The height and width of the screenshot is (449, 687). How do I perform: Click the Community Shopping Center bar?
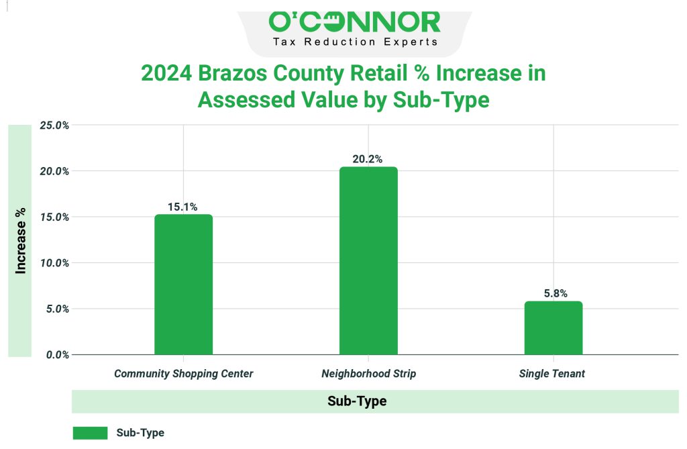[183, 285]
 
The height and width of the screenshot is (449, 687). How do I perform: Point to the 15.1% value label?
[182, 207]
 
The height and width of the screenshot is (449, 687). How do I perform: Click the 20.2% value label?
[368, 159]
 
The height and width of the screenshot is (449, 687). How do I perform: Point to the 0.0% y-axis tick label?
[54, 354]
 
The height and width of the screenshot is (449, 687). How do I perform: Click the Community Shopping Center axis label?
[183, 373]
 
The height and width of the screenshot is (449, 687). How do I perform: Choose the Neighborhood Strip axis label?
[368, 373]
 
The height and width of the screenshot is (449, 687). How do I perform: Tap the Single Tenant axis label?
[551, 373]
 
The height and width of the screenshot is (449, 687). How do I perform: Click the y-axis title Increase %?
[21, 240]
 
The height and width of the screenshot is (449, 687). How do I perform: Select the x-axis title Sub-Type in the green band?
[357, 401]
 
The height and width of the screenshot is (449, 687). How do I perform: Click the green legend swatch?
[90, 433]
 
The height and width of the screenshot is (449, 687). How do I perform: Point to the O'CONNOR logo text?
[355, 21]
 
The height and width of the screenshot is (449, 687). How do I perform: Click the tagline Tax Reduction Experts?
[355, 42]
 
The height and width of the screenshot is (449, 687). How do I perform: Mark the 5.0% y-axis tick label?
[54, 309]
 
